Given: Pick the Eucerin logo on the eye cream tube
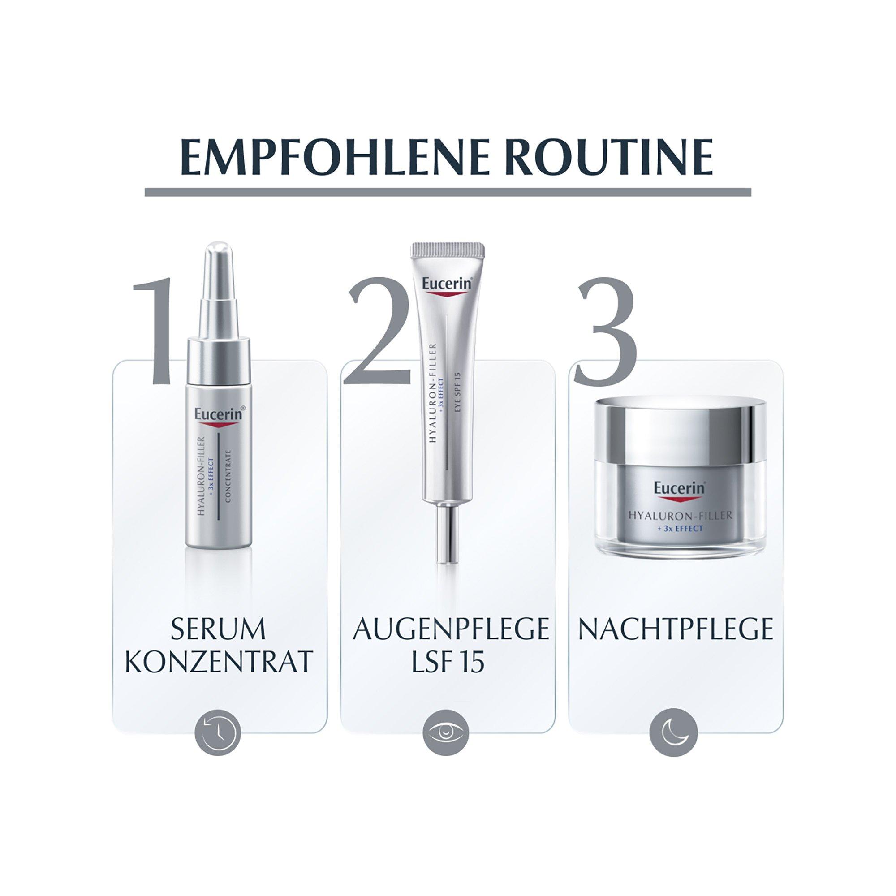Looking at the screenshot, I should tap(448, 284).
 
